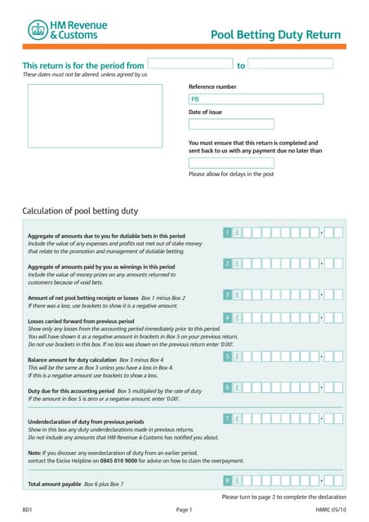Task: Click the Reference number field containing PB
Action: (220, 100)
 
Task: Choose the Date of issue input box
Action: (220, 124)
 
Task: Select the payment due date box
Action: (220, 163)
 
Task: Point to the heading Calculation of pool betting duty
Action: (80, 210)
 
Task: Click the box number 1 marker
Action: (227, 233)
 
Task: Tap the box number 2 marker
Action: (227, 263)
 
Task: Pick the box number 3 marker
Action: (227, 294)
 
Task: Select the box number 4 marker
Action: (227, 317)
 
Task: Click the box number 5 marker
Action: (227, 356)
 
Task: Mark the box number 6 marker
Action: (227, 387)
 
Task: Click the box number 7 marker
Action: (227, 418)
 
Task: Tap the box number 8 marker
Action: (227, 480)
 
